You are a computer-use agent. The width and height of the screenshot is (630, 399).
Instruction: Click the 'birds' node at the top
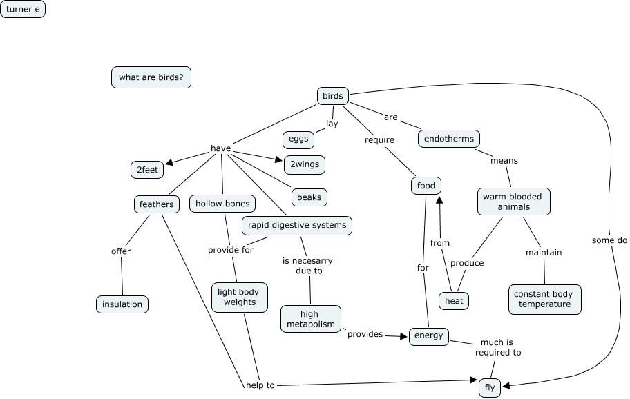click(332, 96)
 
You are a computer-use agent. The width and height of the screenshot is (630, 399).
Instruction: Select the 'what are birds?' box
click(151, 77)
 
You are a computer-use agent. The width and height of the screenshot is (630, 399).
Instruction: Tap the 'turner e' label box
click(23, 9)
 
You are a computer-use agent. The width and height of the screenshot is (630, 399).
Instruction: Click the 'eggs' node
click(298, 139)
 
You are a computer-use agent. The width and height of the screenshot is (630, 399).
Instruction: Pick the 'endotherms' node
click(449, 139)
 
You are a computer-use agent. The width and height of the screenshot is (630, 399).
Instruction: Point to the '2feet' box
click(146, 169)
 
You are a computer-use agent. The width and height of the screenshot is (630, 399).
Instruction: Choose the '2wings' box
click(304, 165)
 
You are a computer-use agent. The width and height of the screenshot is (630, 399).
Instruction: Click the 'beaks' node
click(309, 197)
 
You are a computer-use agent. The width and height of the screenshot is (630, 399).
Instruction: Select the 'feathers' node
click(156, 204)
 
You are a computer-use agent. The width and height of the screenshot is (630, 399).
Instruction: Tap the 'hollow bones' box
click(222, 204)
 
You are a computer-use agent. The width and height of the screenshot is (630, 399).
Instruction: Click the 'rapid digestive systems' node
click(297, 225)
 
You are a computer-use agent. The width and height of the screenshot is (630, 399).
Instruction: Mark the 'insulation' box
click(122, 304)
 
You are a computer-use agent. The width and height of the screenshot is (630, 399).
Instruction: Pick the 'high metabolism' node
click(310, 319)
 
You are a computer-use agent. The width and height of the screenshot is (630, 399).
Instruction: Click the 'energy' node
click(429, 336)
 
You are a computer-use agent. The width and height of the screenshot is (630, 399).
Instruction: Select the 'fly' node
click(489, 387)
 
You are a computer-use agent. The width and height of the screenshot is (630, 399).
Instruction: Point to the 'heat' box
click(454, 301)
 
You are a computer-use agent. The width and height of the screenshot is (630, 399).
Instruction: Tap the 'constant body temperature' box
click(544, 299)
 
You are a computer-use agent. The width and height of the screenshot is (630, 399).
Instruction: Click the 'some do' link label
click(609, 240)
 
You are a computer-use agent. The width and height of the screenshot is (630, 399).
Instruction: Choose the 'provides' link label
click(365, 334)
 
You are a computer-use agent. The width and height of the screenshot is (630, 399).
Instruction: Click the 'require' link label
click(380, 140)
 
